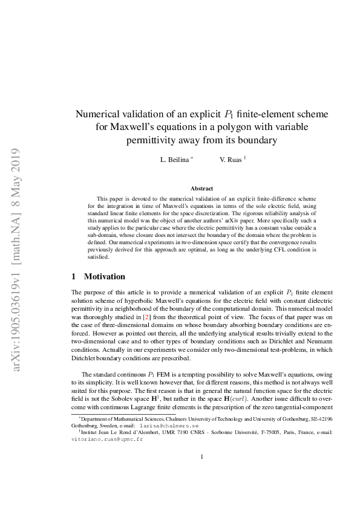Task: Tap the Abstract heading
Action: [202, 189]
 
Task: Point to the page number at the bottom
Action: [202, 473]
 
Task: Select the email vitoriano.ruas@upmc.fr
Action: [106, 439]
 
